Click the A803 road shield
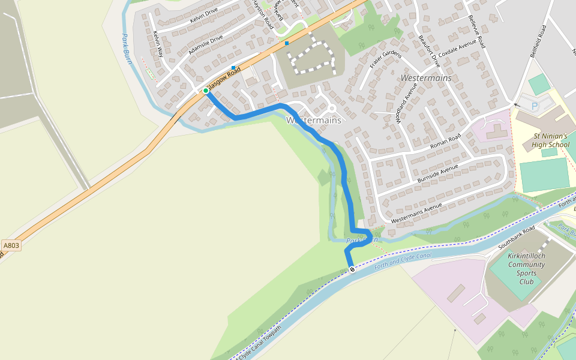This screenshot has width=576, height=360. click(11, 245)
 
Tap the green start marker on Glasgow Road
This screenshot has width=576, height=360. click(206, 91)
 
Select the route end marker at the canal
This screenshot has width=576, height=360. click(352, 269)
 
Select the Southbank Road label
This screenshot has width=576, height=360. click(517, 239)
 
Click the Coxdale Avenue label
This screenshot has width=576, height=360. click(457, 46)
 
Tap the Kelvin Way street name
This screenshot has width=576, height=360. click(158, 44)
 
